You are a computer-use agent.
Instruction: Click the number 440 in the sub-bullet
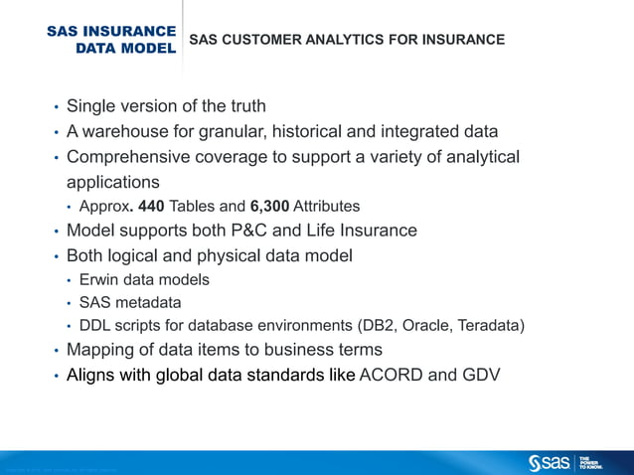pyautogui.click(x=150, y=207)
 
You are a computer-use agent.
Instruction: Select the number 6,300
pyautogui.click(x=271, y=207)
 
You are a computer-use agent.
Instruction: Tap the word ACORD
pyautogui.click(x=393, y=376)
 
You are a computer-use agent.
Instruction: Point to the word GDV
pyautogui.click(x=480, y=376)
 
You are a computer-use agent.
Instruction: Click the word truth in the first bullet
pyautogui.click(x=244, y=105)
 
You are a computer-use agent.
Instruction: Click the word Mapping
pyautogui.click(x=98, y=350)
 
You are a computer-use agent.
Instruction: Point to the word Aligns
pyautogui.click(x=90, y=376)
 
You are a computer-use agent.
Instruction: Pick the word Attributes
pyautogui.click(x=328, y=207)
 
